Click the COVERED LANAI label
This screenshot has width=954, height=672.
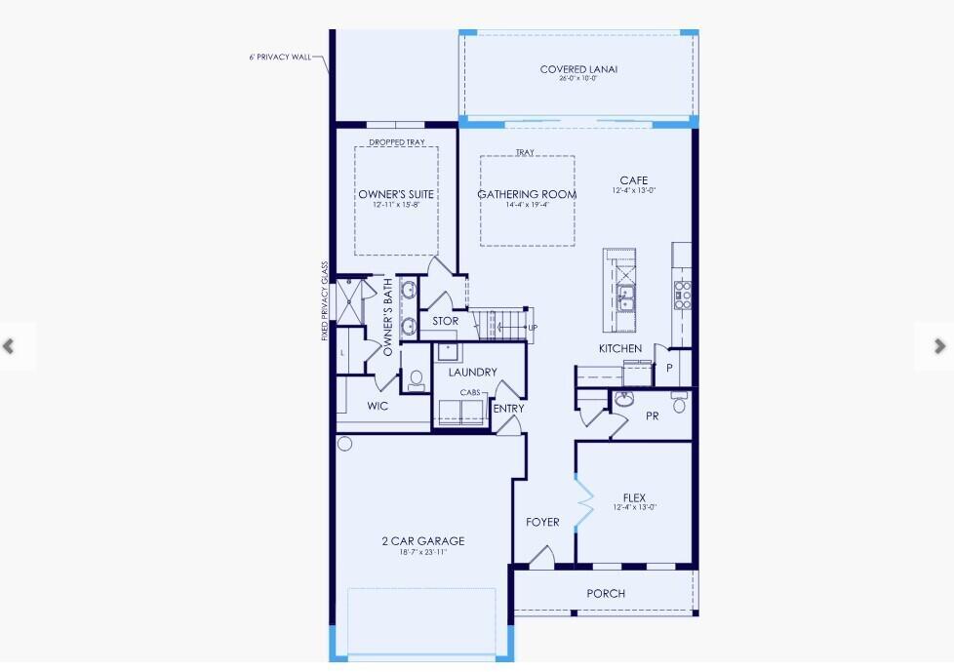pyautogui.click(x=579, y=69)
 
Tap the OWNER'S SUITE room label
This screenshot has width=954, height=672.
pyautogui.click(x=395, y=195)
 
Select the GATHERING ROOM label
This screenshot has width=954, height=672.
pyautogui.click(x=527, y=195)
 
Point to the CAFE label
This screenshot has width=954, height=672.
pyautogui.click(x=633, y=180)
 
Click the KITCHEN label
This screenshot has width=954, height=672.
pyautogui.click(x=620, y=348)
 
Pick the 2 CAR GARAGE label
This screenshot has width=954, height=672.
pyautogui.click(x=422, y=541)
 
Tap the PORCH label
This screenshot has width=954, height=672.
pyautogui.click(x=606, y=593)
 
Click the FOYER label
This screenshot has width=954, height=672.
pyautogui.click(x=542, y=522)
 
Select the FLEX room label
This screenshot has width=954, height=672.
pyautogui.click(x=634, y=498)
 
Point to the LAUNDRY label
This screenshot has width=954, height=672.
pyautogui.click(x=472, y=372)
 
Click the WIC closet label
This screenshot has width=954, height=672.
pyautogui.click(x=378, y=406)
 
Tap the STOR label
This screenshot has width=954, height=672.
pyautogui.click(x=445, y=321)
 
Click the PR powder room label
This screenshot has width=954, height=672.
pyautogui.click(x=653, y=416)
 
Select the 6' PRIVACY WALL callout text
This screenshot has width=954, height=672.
pyautogui.click(x=280, y=58)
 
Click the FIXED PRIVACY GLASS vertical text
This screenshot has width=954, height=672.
pyautogui.click(x=324, y=300)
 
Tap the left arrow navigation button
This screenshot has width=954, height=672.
pyautogui.click(x=10, y=346)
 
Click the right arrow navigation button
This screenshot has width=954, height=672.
pyautogui.click(x=939, y=346)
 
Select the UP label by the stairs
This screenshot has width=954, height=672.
pyautogui.click(x=533, y=328)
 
